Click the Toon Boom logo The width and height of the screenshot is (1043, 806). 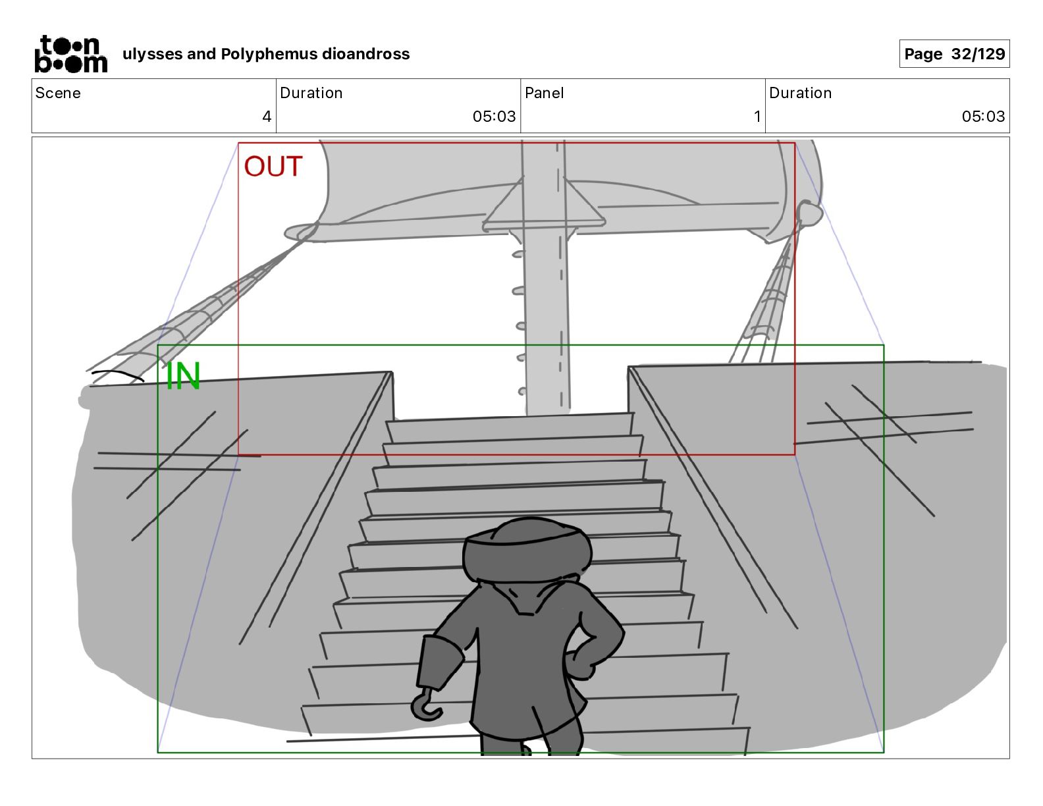click(70, 54)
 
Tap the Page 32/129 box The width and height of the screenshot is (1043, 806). click(954, 54)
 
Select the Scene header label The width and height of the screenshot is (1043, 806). click(58, 93)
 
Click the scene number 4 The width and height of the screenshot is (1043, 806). click(267, 117)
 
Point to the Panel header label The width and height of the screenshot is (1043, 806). click(545, 93)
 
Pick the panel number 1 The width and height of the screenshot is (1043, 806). click(757, 117)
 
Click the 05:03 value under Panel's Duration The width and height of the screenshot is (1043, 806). click(982, 117)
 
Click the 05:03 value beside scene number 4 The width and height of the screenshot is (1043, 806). click(494, 117)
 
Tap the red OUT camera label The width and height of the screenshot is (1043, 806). click(273, 167)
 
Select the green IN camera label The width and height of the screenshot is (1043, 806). click(182, 376)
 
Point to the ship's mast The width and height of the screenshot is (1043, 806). click(546, 316)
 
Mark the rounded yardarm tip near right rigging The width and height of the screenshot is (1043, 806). click(809, 213)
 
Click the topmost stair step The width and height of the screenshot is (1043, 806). click(510, 426)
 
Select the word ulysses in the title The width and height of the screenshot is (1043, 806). click(153, 54)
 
